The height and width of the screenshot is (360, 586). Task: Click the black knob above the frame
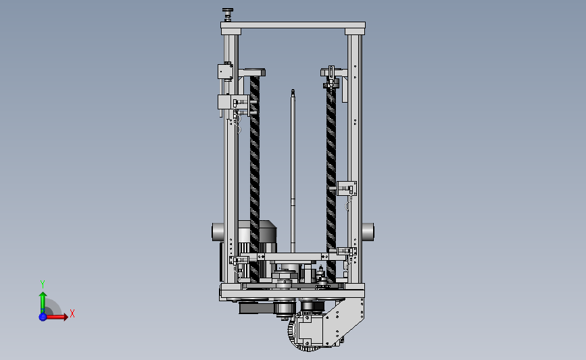227,10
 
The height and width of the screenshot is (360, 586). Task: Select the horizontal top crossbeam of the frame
293,26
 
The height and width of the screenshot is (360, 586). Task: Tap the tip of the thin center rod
293,91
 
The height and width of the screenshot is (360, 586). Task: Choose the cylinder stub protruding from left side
218,232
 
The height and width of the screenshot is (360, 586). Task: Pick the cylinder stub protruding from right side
368,232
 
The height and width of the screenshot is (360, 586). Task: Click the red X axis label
72,313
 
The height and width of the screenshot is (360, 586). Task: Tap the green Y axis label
43,284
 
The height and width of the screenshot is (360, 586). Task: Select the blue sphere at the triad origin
43,317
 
